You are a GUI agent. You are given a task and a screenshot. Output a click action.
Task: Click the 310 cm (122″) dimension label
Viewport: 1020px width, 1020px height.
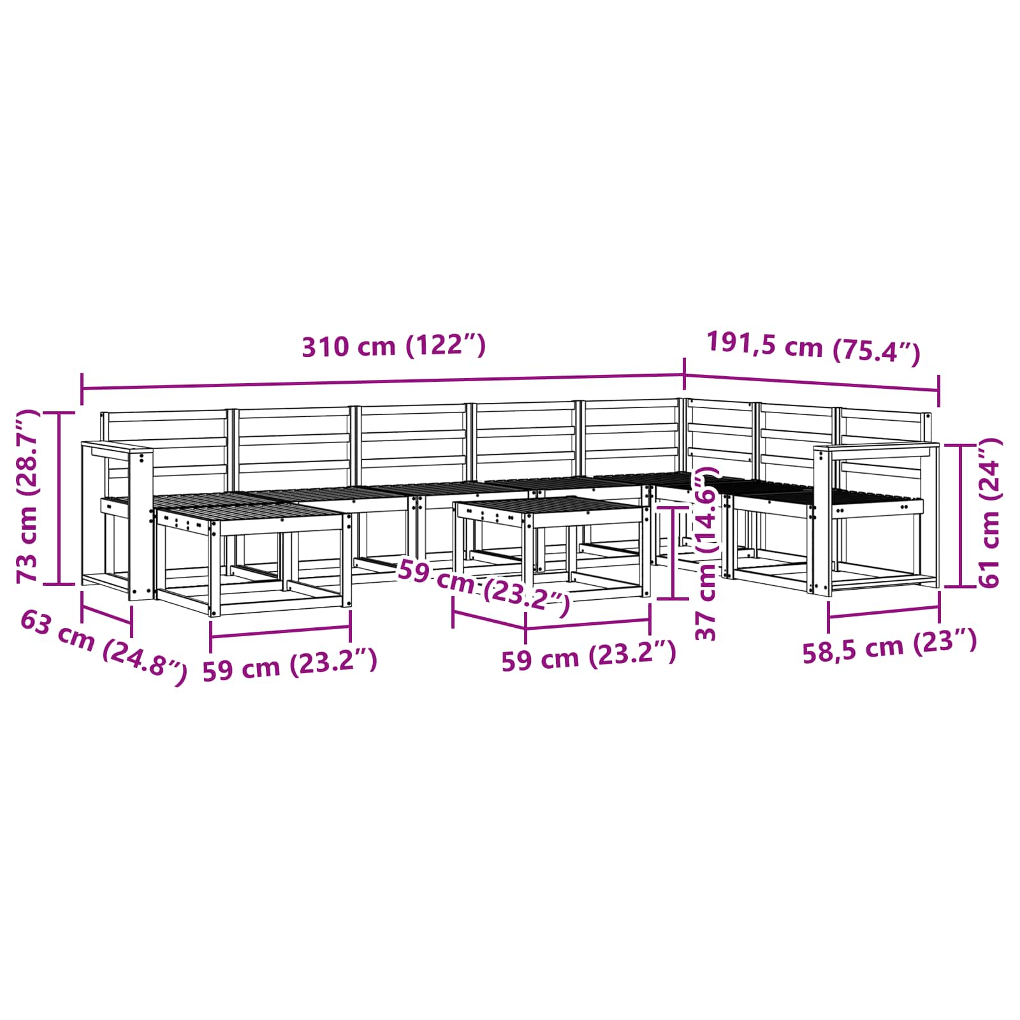pos(393,346)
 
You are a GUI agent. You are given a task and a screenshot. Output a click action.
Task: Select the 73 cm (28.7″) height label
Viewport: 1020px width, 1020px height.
pos(27,497)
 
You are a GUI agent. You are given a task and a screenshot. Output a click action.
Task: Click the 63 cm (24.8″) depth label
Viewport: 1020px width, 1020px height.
pos(104,646)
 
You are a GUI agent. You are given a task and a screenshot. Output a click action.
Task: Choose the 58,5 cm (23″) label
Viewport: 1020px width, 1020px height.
pos(889,645)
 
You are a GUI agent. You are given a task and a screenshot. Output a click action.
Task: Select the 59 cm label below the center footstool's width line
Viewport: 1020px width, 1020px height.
pos(588,657)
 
